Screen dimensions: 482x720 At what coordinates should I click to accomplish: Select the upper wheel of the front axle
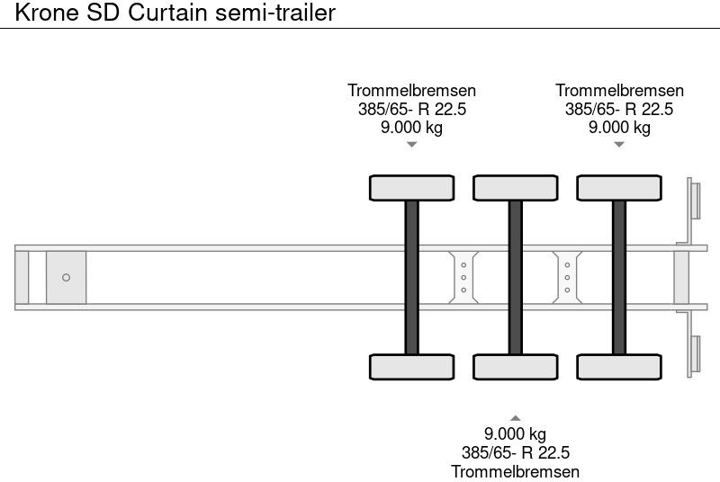click(411, 188)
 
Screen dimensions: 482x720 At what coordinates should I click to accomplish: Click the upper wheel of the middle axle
click(516, 188)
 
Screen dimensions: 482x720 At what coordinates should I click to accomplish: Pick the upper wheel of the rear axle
click(619, 188)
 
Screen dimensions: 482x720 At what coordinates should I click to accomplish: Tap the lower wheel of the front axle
click(411, 367)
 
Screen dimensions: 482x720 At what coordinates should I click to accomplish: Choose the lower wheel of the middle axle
click(516, 367)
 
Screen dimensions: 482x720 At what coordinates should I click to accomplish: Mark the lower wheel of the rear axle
click(619, 367)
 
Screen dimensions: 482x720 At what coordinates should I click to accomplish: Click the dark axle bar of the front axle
click(411, 277)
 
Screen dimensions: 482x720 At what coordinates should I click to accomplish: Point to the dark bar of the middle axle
click(516, 277)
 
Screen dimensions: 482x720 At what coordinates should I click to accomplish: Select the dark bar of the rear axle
click(619, 277)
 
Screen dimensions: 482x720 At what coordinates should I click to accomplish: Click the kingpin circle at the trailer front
click(66, 277)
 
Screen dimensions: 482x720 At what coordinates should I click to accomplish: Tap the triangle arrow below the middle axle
click(516, 417)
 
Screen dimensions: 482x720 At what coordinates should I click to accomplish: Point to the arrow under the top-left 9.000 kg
click(411, 144)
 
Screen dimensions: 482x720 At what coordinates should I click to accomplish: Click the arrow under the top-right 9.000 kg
click(619, 144)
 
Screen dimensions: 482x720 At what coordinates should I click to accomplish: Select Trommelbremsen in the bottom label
click(516, 472)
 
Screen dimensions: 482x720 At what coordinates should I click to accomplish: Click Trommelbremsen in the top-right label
click(619, 90)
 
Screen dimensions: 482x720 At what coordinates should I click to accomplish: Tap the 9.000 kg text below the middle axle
click(516, 434)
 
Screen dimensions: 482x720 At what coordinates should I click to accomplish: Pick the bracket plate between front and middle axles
click(463, 277)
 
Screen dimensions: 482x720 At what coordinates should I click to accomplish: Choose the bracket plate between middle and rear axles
click(568, 277)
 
